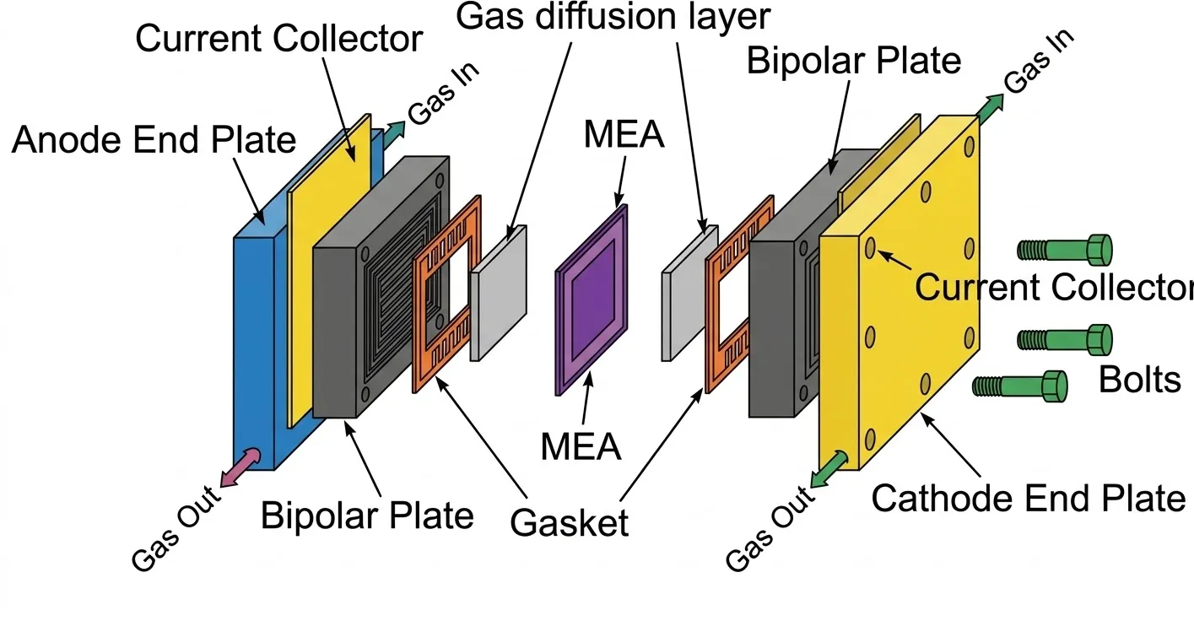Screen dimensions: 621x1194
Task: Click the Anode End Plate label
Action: tap(154, 140)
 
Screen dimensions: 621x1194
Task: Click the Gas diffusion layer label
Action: tap(613, 16)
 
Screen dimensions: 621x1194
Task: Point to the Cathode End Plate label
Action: tap(1028, 498)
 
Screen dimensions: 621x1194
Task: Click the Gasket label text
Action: tap(570, 523)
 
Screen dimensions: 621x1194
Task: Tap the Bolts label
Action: tap(1139, 381)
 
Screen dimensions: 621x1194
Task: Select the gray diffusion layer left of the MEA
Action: tap(499, 290)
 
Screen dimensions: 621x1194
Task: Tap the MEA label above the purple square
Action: tap(623, 136)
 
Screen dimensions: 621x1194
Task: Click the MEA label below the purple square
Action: tap(581, 446)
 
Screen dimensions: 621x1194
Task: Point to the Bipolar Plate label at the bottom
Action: tap(367, 516)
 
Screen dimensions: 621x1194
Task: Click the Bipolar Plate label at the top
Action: tap(854, 61)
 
